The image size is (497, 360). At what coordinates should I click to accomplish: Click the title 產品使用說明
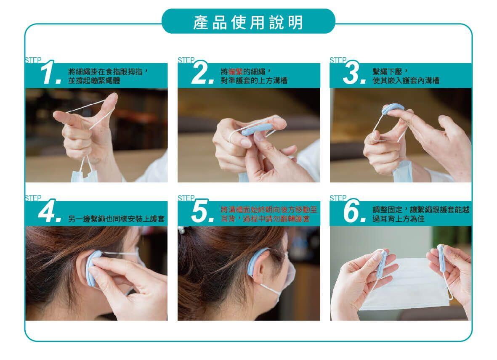click(x=248, y=22)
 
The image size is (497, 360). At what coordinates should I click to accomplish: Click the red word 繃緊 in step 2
click(x=235, y=71)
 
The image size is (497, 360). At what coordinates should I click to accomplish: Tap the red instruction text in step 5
click(x=269, y=214)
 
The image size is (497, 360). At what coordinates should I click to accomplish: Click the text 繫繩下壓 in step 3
click(x=387, y=71)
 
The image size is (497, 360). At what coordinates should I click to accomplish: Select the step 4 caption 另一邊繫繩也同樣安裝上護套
click(x=116, y=219)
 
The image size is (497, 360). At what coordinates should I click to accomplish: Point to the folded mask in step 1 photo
click(x=83, y=172)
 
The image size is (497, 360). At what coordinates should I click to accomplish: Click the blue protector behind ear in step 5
click(x=255, y=263)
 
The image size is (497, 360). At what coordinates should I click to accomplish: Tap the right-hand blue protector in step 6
click(x=441, y=258)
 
